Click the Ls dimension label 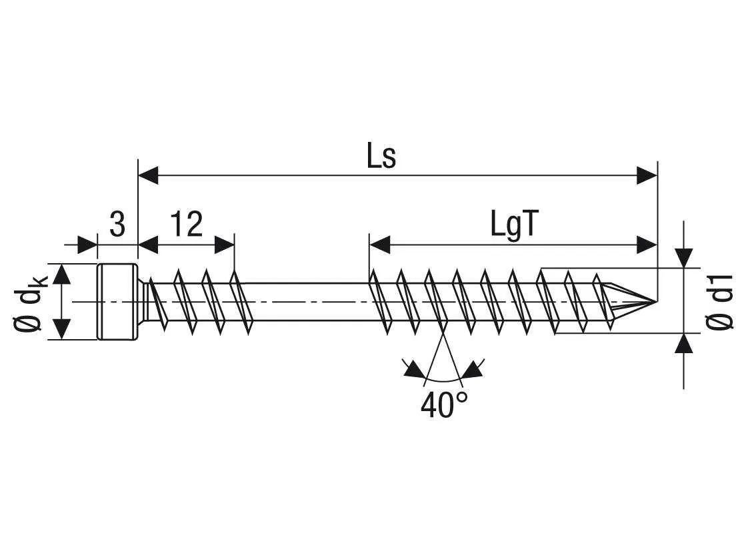point(381,157)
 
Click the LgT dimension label point(513,225)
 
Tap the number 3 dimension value point(117,225)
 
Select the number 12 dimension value point(186,225)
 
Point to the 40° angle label point(444,404)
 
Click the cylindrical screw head point(118,302)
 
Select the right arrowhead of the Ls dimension point(647,176)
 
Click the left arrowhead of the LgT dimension point(379,245)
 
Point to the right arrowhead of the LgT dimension point(647,245)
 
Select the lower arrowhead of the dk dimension point(61,328)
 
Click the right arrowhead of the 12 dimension point(225,245)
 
